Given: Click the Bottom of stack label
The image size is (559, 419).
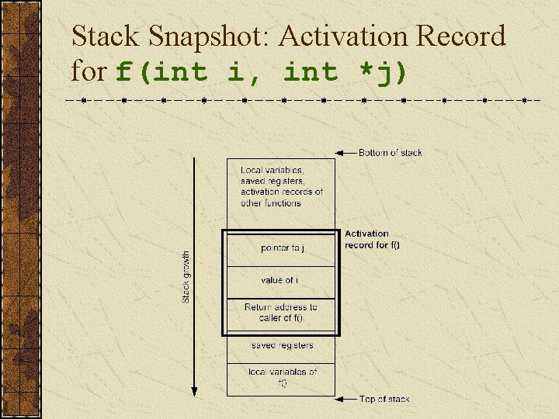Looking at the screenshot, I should coord(390,153).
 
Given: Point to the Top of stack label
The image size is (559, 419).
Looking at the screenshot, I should coord(384,399).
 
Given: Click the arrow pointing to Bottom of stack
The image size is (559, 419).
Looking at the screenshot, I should coord(345,153).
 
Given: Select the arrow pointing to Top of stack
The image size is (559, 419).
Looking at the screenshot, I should coord(345,399).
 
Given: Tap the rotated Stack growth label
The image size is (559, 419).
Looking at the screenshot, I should coord(186,277).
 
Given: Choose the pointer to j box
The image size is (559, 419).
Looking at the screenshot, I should coord(281,248).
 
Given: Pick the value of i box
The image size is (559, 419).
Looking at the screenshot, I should coord(281,280).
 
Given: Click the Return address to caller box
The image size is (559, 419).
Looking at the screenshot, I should coord(281,313).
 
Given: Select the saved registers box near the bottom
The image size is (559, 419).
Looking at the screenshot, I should coord(281,345).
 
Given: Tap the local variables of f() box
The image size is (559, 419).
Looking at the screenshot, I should coord(281,378).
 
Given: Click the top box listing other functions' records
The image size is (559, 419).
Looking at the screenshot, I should coord(281,187).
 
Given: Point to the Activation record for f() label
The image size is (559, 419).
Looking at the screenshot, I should coord(372,239).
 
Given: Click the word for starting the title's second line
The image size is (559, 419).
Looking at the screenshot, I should coord(88,72).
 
